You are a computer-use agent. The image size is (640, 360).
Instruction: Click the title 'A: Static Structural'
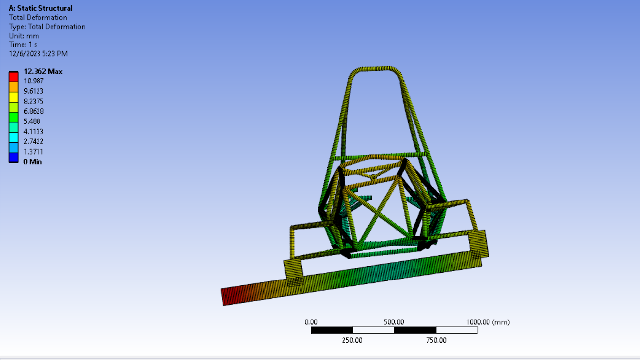coord(40,8)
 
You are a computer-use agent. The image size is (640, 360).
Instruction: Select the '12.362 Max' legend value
coord(43,71)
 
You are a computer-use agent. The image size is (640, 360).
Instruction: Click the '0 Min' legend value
coord(33,162)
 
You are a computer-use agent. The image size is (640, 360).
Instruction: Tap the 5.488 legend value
coord(32,121)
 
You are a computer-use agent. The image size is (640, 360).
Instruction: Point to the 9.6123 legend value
coord(34,91)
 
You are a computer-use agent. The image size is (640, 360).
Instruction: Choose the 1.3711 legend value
coord(34,152)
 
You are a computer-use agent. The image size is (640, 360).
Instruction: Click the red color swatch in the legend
coord(14,77)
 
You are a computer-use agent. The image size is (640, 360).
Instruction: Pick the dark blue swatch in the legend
coord(14,158)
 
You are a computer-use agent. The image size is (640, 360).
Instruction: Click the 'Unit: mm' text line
coord(24,36)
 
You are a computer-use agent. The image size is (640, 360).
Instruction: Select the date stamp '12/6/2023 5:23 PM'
coord(38,54)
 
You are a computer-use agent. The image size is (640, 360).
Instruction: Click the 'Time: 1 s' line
coord(23,44)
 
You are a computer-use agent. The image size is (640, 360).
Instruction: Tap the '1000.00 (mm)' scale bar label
coord(488,322)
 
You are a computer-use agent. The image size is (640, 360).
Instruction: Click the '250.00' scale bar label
coord(352,340)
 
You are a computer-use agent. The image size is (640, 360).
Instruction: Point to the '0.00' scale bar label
coord(311,322)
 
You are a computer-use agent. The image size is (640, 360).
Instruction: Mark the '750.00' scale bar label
coord(436,340)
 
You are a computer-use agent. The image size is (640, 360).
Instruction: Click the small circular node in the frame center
coord(374,177)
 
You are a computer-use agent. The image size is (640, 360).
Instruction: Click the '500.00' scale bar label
coord(394,322)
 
